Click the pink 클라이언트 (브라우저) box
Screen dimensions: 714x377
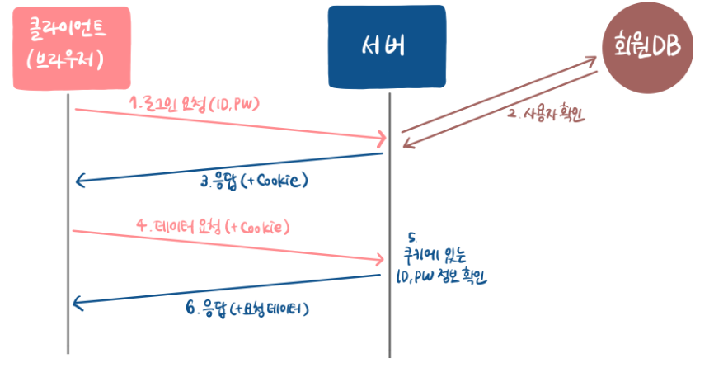pyautogui.click(x=72, y=48)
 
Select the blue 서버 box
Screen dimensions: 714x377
pyautogui.click(x=386, y=46)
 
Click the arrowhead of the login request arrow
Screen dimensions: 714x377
pyautogui.click(x=381, y=137)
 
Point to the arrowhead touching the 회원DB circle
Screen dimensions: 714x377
pyautogui.click(x=592, y=60)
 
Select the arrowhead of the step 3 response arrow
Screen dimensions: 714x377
pyautogui.click(x=80, y=181)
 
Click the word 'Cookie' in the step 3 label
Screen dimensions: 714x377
pyautogui.click(x=278, y=181)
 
